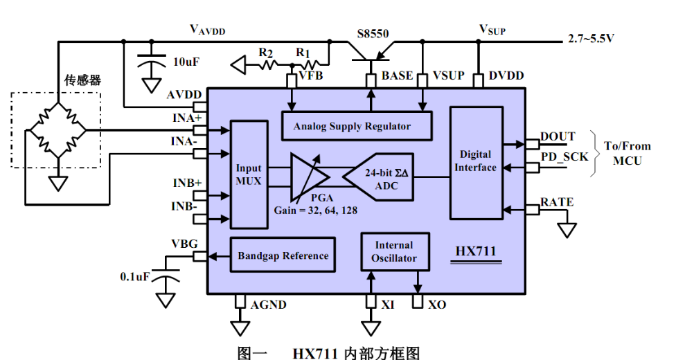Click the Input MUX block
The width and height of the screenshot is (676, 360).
click(249, 174)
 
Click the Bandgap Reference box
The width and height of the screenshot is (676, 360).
click(283, 255)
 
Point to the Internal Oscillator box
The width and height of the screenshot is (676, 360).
click(393, 252)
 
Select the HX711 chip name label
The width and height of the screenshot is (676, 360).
click(476, 251)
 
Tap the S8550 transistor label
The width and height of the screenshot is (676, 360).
click(374, 33)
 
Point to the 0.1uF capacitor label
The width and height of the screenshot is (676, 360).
click(134, 276)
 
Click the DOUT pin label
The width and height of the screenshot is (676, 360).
click(558, 136)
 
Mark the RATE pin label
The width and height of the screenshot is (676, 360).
click(557, 202)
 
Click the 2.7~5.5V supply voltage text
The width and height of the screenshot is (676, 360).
click(591, 39)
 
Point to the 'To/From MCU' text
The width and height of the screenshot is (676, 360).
click(628, 153)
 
